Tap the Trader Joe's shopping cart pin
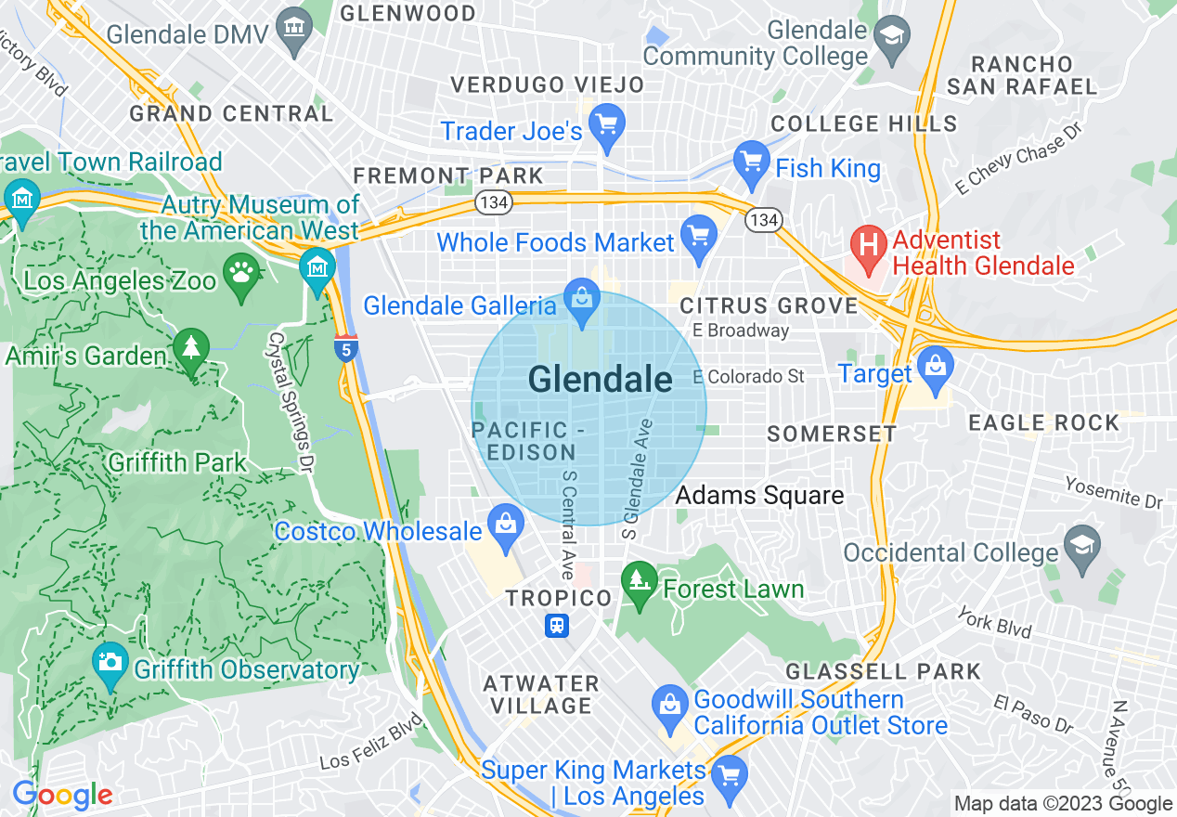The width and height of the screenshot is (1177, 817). [x=607, y=125]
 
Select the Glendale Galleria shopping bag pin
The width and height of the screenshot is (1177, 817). [x=582, y=301]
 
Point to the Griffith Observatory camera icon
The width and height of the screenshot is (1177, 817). [x=110, y=663]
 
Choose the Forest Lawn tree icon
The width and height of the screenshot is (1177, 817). [x=638, y=583]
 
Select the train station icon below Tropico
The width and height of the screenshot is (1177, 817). [x=557, y=625]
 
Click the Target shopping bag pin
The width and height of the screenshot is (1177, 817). [x=936, y=367]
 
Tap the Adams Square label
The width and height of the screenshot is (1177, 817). [x=759, y=496]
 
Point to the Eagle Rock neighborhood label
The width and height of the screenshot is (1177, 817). [x=1044, y=423]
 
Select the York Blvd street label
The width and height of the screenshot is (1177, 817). [x=994, y=623]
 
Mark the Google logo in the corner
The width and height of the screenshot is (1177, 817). [x=62, y=796]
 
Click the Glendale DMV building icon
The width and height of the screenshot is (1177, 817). [x=294, y=29]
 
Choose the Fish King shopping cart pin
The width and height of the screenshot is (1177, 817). [x=751, y=162]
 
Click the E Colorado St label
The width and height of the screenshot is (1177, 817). [x=749, y=376]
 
